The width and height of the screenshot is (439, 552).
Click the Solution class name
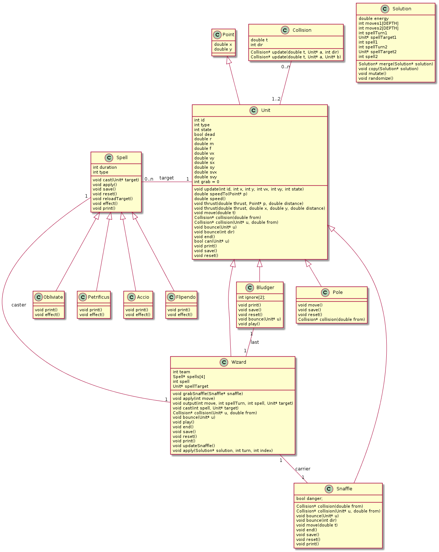[402, 9]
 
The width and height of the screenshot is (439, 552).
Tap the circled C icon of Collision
[285, 30]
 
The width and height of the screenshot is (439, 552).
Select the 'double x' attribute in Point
[223, 44]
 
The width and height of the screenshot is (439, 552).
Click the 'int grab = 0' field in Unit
[207, 182]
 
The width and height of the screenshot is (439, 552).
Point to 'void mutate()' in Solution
[372, 73]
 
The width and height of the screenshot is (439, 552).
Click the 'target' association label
[167, 178]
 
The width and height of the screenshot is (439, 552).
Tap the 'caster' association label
[19, 305]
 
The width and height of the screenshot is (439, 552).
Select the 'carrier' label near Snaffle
[303, 469]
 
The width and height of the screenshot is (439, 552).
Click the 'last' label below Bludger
[255, 342]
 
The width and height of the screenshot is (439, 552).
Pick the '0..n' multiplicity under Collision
[286, 67]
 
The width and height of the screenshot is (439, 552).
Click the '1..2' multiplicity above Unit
[276, 99]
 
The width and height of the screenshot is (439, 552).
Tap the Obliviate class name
[53, 297]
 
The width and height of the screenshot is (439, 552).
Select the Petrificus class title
[98, 297]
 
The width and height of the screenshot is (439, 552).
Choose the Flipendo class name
[186, 297]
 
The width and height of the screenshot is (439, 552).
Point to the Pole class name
[338, 292]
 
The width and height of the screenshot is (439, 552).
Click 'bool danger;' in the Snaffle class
[309, 498]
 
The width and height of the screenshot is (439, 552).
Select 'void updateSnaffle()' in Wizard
[194, 446]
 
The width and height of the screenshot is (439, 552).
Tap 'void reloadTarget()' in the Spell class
[112, 199]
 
